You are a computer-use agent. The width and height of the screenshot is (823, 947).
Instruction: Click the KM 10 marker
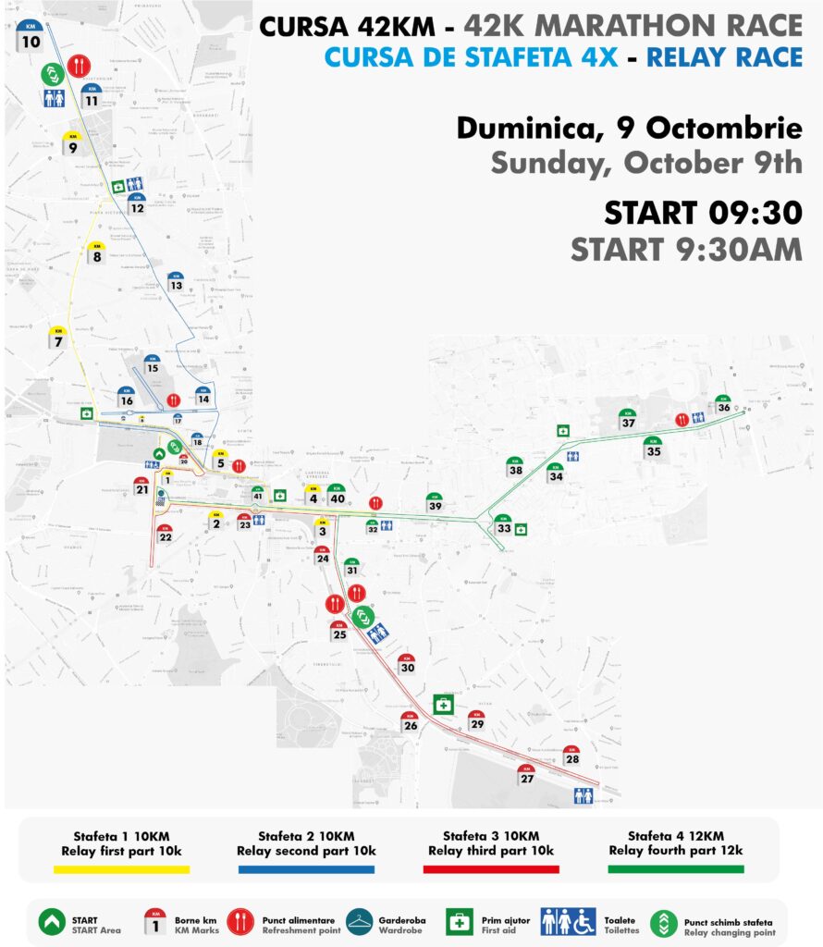(31, 38)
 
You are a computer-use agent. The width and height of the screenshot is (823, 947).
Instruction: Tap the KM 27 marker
(527, 775)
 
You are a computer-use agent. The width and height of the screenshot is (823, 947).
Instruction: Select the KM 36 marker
(723, 404)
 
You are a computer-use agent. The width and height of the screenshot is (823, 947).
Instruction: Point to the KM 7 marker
(58, 338)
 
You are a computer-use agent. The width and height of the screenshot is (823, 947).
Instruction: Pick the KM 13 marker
(176, 282)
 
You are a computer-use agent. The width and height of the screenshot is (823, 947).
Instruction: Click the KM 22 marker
(165, 534)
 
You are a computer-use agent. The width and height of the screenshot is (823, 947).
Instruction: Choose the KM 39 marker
(434, 502)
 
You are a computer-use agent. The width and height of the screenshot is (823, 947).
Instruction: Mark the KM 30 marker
(407, 664)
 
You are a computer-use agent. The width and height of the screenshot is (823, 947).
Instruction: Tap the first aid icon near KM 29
(445, 705)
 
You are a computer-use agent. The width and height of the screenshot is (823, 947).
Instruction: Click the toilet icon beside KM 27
(583, 795)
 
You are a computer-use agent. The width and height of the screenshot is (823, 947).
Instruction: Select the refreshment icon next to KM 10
(79, 66)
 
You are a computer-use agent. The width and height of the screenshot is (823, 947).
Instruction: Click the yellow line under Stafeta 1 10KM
(121, 869)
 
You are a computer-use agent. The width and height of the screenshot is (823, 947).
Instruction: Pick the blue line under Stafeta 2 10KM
(306, 869)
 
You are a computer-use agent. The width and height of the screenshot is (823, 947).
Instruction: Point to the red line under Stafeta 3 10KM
(491, 869)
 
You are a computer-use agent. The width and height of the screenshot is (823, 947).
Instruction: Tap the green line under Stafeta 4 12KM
(676, 869)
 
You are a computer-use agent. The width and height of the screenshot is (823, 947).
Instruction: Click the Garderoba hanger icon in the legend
(359, 922)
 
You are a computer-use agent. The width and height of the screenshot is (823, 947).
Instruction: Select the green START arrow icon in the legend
(52, 922)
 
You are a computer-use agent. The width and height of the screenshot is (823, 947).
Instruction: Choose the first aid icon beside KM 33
(522, 529)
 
